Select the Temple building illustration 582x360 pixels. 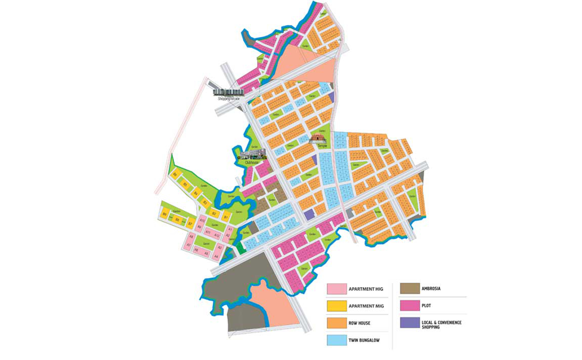(317, 138)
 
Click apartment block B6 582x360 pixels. (175, 175)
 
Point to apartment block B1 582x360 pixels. (227, 218)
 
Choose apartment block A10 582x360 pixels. (202, 220)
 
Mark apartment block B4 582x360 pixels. (196, 194)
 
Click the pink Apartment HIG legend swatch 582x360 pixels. (336, 289)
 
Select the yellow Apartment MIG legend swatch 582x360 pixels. (336, 306)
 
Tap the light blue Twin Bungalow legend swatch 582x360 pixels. (336, 340)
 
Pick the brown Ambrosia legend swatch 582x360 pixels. (409, 289)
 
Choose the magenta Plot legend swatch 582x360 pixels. (409, 306)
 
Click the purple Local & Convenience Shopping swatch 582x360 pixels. (409, 323)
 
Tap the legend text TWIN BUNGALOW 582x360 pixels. (364, 340)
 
